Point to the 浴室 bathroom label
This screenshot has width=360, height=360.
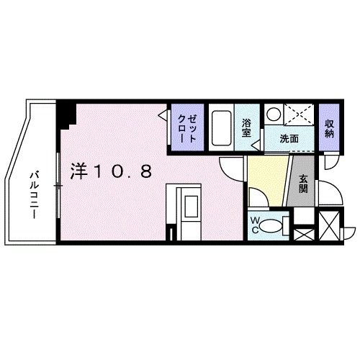[x=246, y=128]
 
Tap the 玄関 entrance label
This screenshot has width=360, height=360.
[x=303, y=185]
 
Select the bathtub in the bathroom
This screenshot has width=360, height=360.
[x=222, y=128]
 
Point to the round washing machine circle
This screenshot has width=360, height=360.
[x=274, y=114]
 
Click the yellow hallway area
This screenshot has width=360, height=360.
[x=266, y=184]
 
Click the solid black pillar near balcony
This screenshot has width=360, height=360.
[x=68, y=113]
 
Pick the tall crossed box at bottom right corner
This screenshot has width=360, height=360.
[x=329, y=228]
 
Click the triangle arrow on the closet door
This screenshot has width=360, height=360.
[x=165, y=114]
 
